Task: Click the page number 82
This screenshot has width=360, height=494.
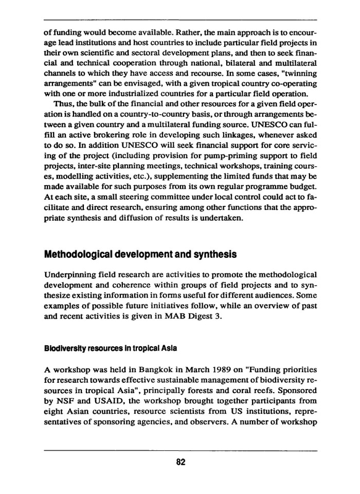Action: [181, 462]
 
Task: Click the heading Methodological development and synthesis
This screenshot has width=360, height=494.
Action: [140, 254]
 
